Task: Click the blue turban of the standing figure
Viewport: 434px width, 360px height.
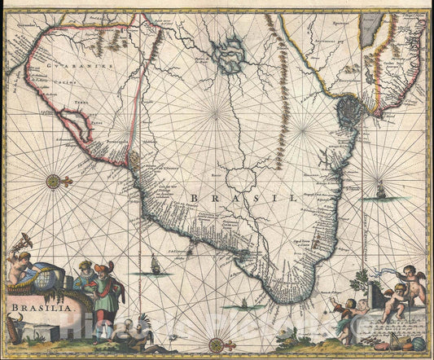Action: click(85, 265)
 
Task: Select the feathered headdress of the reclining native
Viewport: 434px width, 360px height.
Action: click(145, 319)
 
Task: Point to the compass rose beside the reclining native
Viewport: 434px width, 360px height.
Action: click(217, 345)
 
